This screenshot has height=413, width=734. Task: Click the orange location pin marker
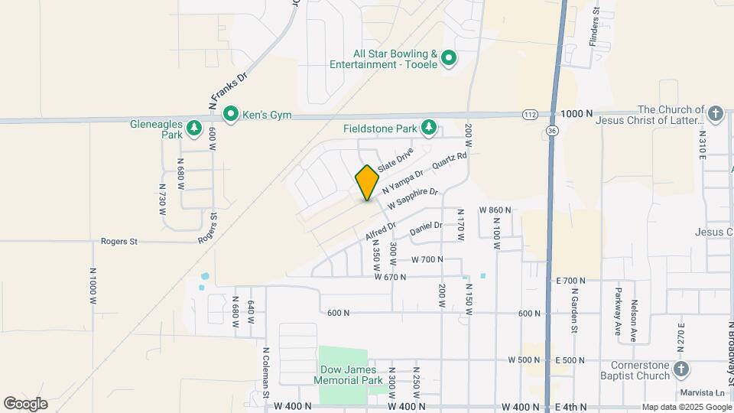click(x=367, y=182)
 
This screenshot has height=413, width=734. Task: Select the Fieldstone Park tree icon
click(x=430, y=127)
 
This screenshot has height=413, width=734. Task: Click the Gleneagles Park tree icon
click(x=195, y=127)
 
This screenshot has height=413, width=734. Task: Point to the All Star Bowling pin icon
click(x=449, y=57)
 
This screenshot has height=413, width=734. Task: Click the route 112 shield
click(x=529, y=115)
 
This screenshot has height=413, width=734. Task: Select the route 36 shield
click(x=552, y=131)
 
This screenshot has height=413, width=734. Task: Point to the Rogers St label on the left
click(x=119, y=242)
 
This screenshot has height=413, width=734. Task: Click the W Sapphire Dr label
click(x=412, y=200)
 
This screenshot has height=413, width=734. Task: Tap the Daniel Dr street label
click(x=426, y=227)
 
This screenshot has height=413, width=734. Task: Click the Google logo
click(x=25, y=404)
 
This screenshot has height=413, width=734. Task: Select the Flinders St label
click(x=593, y=26)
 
